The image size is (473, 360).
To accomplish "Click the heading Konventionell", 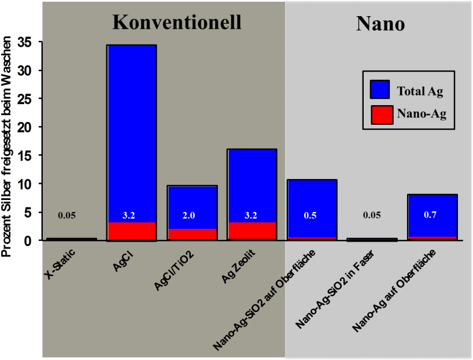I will point(176,21).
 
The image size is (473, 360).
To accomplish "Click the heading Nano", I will point(379,23).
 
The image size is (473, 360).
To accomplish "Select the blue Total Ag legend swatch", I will point(379,90).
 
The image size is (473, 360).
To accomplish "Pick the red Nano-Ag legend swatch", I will point(379,114).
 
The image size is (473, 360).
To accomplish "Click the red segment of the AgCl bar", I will point(131,231).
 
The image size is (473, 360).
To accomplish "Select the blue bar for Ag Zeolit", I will point(252,179).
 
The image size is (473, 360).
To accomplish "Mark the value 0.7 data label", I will point(430,215).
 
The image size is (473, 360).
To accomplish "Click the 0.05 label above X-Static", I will point(66,216).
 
